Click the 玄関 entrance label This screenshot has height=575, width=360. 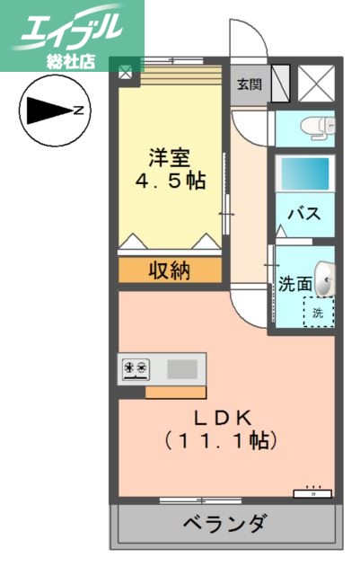pos(249,84)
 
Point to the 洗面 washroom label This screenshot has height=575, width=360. pos(295,285)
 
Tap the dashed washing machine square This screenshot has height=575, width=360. pos(317,312)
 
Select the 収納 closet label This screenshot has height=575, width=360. pos(169,270)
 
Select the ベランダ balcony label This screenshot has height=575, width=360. pos(225,523)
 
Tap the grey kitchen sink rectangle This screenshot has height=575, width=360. pos(182,367)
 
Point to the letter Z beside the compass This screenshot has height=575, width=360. pos(79,111)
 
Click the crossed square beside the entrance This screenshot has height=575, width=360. pos(315,85)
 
